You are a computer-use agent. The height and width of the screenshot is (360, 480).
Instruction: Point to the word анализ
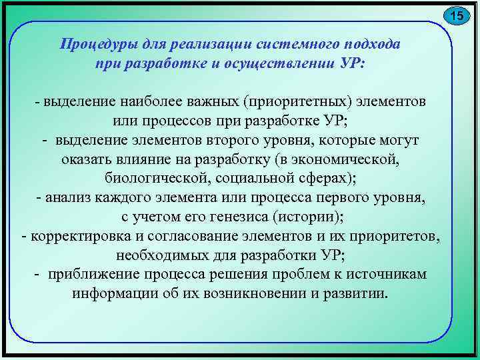[69, 198]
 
